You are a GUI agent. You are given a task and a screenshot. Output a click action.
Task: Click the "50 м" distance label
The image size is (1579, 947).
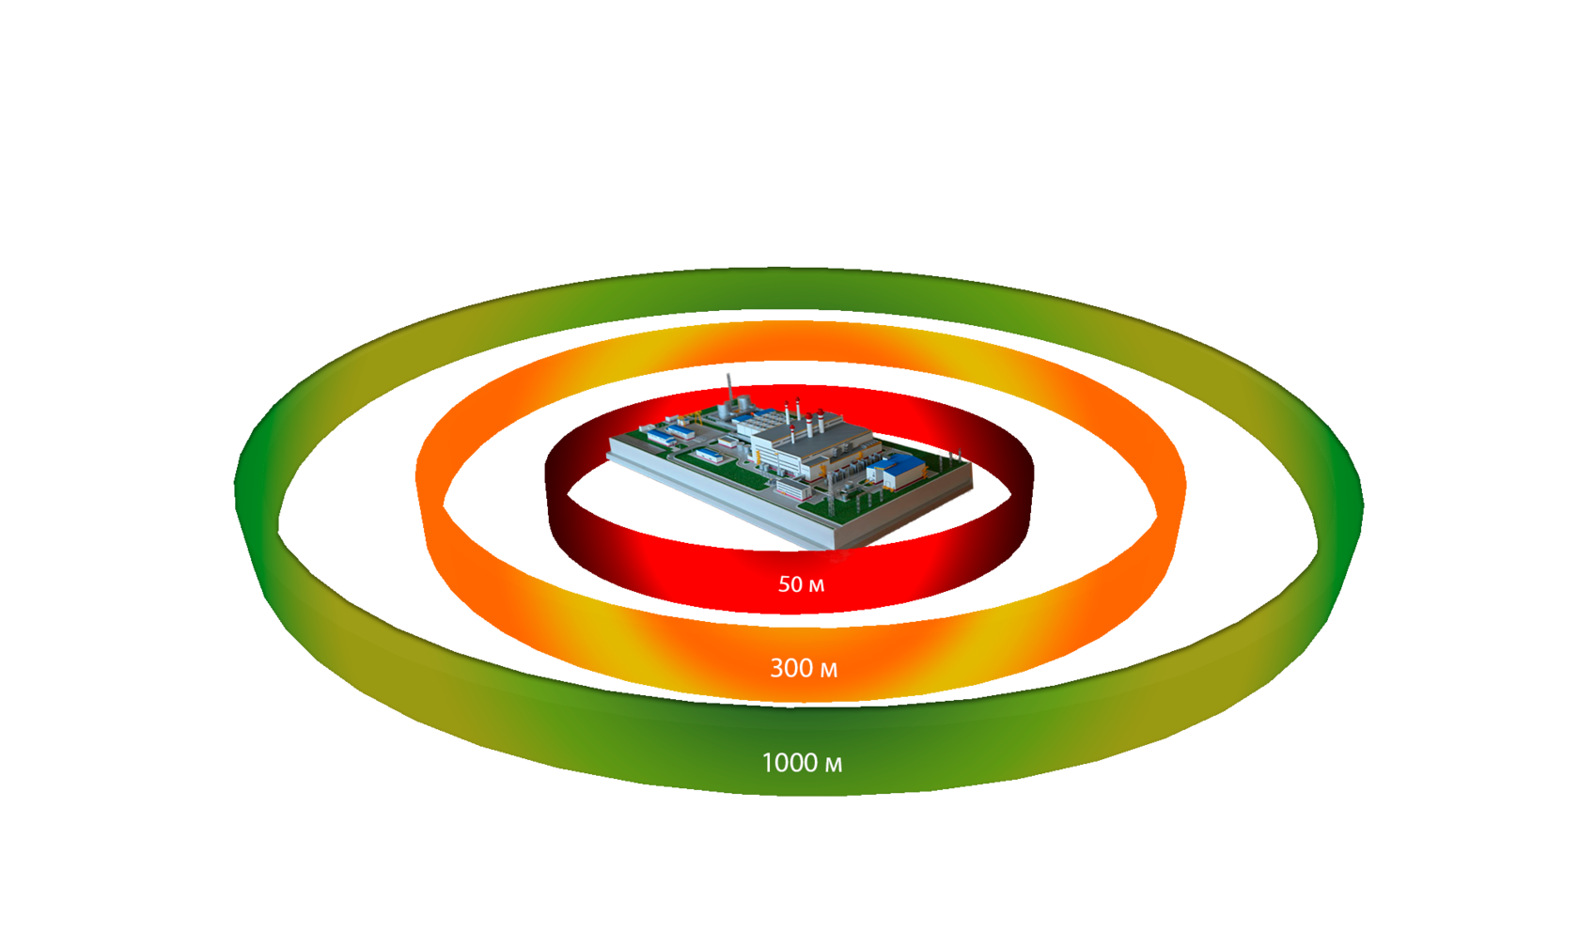801,584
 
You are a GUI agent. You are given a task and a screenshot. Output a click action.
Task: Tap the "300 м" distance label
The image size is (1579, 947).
803,668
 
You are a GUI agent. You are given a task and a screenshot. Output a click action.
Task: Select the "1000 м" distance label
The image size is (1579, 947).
801,763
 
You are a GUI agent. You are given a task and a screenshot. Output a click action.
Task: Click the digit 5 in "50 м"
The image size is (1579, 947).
784,584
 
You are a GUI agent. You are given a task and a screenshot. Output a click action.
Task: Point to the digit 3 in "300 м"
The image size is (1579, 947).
776,668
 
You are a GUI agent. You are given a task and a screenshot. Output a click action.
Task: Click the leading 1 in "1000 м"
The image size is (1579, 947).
766,763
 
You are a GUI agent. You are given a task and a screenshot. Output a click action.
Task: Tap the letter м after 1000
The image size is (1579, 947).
833,764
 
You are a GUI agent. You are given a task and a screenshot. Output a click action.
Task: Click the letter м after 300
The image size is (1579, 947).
828,669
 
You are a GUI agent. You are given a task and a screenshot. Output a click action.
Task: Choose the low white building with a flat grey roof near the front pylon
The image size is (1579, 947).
793,488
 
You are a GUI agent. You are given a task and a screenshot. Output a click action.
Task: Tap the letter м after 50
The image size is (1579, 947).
816,585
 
